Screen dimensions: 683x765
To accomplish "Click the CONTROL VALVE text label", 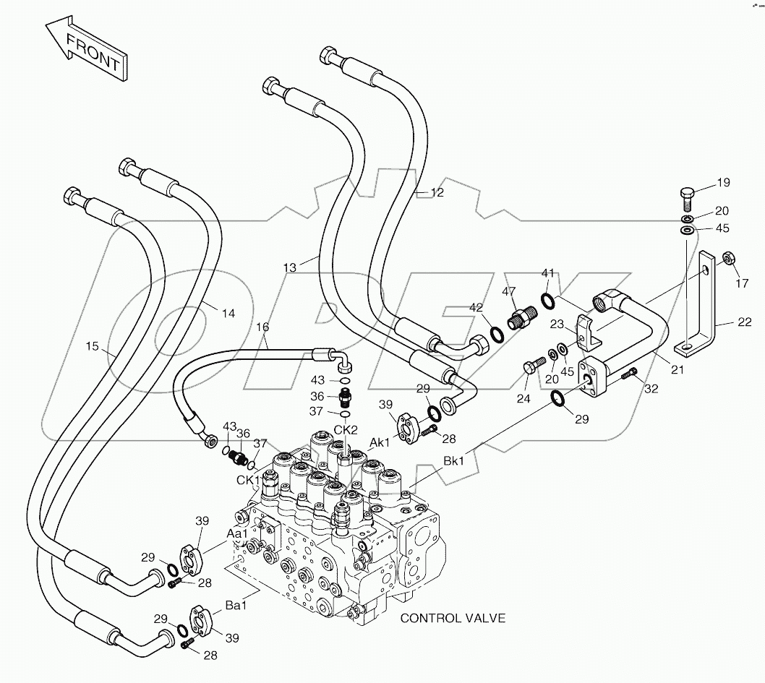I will pyautogui.click(x=453, y=618).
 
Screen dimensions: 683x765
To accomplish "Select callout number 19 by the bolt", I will pyautogui.click(x=722, y=183).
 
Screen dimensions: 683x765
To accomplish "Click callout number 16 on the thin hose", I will pyautogui.click(x=262, y=327).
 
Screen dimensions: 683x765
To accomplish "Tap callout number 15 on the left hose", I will pyautogui.click(x=92, y=346).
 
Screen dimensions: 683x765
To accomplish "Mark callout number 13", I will pyautogui.click(x=289, y=267).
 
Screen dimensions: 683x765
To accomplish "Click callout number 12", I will pyautogui.click(x=437, y=192).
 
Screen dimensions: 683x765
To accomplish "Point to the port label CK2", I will pyautogui.click(x=346, y=429).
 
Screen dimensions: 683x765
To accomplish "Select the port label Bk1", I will pyautogui.click(x=454, y=460).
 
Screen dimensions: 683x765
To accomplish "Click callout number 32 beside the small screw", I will pyautogui.click(x=651, y=389).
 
